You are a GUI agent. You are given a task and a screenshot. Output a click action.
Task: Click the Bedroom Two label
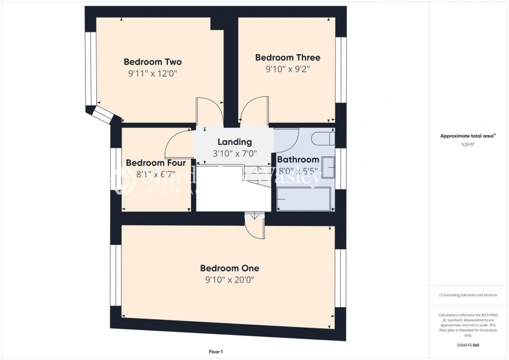[152, 62]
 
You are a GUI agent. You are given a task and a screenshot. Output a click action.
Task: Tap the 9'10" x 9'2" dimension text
[287, 69]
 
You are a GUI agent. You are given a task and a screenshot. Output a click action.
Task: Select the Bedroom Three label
[287, 58]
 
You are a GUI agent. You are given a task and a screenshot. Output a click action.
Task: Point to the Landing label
[234, 142]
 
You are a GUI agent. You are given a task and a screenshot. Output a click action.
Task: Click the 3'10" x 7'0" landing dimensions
[234, 154]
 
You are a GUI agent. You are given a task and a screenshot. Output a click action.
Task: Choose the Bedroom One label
[229, 268]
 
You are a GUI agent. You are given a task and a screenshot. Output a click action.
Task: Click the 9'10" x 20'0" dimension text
[229, 280]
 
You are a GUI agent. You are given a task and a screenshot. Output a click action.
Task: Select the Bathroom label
[298, 159]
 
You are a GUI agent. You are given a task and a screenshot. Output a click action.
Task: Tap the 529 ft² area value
[467, 144]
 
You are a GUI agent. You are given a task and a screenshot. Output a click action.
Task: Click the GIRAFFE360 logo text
[467, 346]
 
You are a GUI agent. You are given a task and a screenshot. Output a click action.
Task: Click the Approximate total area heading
[467, 136]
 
